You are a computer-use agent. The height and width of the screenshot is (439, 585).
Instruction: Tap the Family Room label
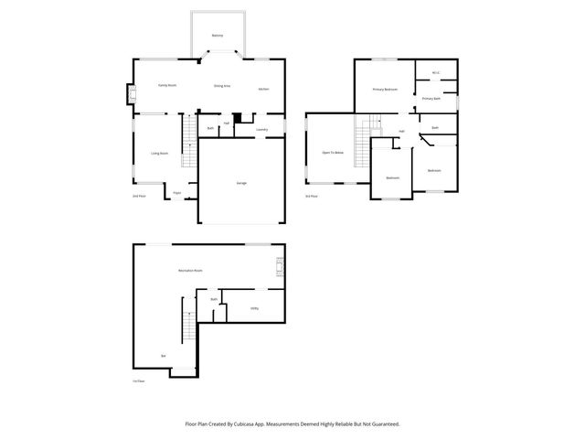[166, 85]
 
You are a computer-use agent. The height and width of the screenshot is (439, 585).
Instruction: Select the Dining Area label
[221, 86]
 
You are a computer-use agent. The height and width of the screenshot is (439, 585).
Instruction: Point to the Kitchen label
[263, 89]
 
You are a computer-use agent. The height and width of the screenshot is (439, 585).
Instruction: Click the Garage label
[241, 183]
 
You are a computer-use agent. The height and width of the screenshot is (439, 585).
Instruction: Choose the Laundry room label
[261, 130]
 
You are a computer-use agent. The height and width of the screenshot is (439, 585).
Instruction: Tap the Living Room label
[159, 153]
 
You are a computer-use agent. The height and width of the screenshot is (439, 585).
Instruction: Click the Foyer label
[176, 193]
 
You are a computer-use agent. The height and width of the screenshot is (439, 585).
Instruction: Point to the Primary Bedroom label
[384, 90]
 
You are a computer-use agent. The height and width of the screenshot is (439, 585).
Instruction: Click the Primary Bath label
[431, 98]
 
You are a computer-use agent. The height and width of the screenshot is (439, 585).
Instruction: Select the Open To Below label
[332, 152]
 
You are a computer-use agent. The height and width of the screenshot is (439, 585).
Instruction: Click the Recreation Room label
[190, 271]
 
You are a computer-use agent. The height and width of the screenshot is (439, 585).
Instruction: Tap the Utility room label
[254, 308]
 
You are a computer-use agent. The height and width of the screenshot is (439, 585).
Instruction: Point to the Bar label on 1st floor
[163, 355]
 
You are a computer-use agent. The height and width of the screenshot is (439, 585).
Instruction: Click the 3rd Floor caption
[312, 196]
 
